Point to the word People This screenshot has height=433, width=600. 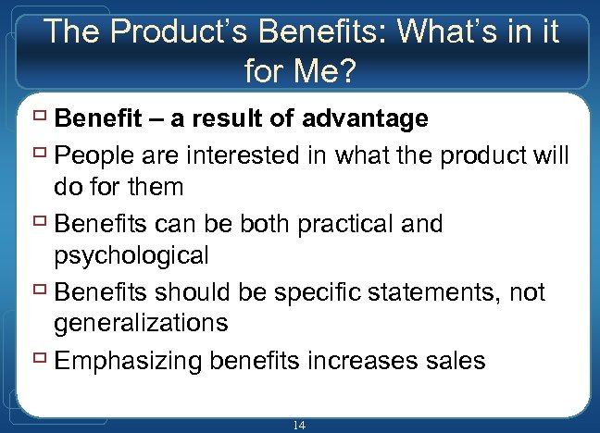tap(91, 154)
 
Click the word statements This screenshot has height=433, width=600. tap(440, 292)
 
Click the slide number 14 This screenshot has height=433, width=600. tap(298, 426)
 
